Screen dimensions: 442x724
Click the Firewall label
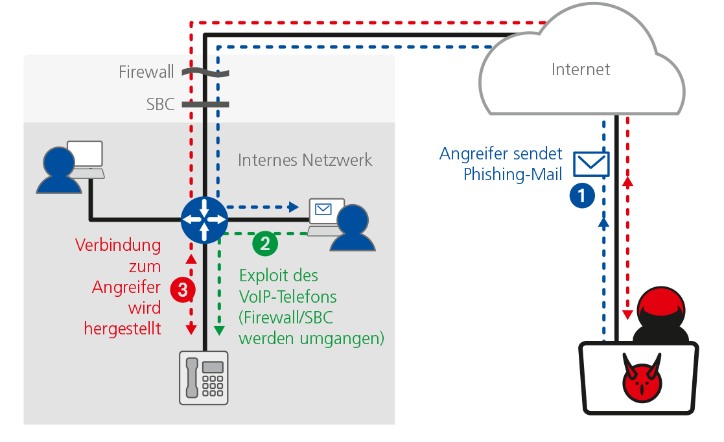click(x=146, y=71)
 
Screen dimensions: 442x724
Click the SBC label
click(x=161, y=104)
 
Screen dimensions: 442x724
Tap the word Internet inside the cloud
click(x=581, y=69)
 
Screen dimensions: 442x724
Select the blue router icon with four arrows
click(x=204, y=220)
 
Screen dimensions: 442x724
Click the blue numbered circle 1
click(x=582, y=195)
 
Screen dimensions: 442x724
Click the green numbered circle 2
click(x=265, y=243)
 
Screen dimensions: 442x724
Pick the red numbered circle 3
click(x=183, y=290)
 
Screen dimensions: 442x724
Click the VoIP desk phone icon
click(x=204, y=378)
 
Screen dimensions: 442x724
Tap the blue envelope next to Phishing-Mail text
click(x=591, y=163)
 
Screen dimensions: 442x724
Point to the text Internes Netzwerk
click(x=305, y=160)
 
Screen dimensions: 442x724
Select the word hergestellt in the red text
click(x=123, y=329)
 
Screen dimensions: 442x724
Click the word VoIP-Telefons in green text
click(x=288, y=297)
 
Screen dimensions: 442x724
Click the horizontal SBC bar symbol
click(x=205, y=104)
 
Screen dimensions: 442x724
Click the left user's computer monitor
click(x=86, y=154)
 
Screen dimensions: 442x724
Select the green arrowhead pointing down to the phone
click(x=219, y=331)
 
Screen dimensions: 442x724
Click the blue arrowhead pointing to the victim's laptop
click(x=294, y=207)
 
